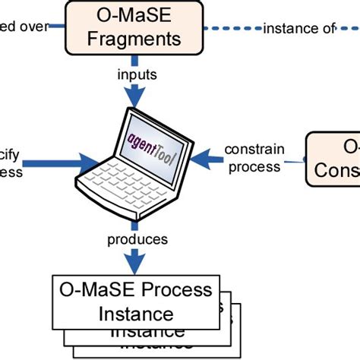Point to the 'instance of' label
tap(298, 28)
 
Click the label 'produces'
tap(137, 239)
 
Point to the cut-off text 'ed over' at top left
tap(23, 28)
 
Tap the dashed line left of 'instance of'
tap(228, 28)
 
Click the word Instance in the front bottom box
tap(137, 313)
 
